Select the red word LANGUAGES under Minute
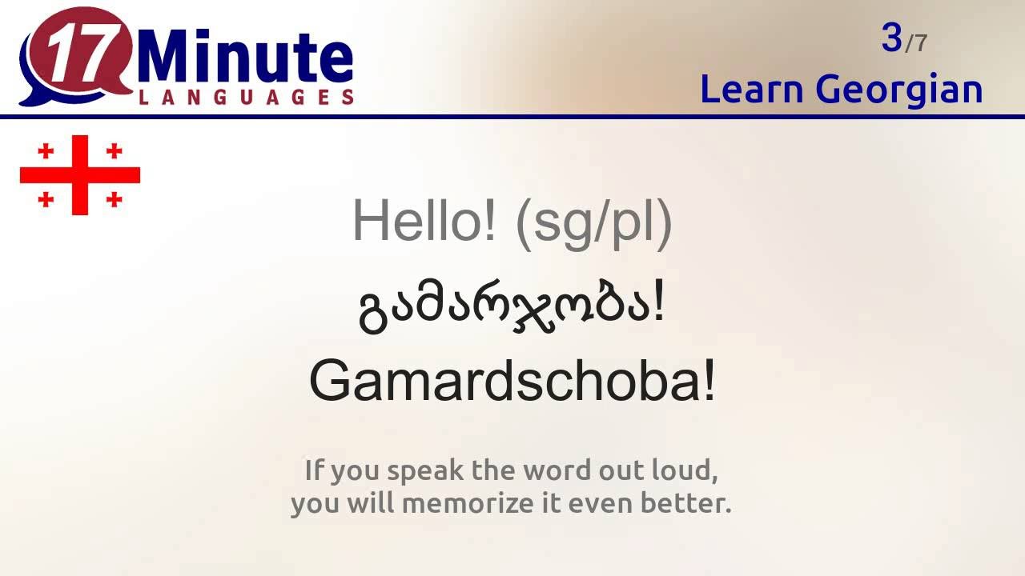click(x=247, y=98)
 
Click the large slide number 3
click(x=891, y=38)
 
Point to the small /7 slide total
click(x=916, y=43)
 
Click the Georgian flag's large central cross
click(x=80, y=175)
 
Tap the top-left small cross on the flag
click(x=46, y=150)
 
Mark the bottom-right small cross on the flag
click(x=114, y=199)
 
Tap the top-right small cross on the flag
click(x=114, y=150)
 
